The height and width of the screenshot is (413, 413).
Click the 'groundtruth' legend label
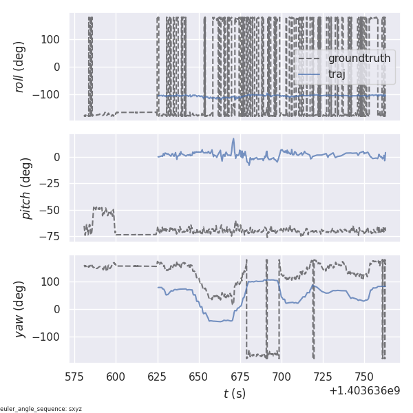(x=359, y=59)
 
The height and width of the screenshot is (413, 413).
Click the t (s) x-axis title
(x=235, y=394)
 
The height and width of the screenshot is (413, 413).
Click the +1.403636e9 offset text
(x=364, y=391)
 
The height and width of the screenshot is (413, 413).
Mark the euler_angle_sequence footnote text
(x=41, y=409)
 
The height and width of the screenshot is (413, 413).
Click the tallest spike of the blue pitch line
(x=233, y=139)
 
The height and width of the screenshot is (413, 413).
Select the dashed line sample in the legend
(x=310, y=59)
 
